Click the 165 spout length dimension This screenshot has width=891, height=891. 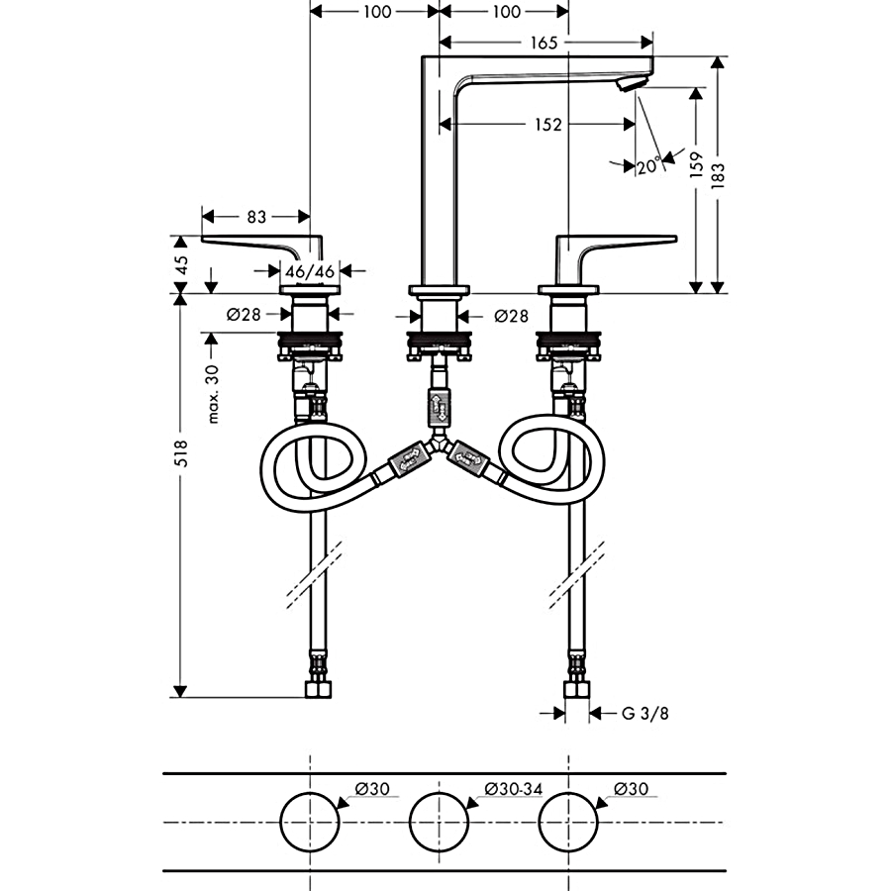tap(544, 43)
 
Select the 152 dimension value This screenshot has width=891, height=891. tap(547, 125)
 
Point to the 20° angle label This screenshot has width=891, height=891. tap(649, 166)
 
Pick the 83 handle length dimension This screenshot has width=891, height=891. tap(255, 216)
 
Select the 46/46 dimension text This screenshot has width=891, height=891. tap(310, 271)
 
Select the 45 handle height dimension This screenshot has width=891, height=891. tap(181, 264)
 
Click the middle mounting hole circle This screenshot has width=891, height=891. tap(440, 823)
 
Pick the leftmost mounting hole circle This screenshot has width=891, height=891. tap(311, 823)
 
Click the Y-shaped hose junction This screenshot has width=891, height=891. tap(439, 443)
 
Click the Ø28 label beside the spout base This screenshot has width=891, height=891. tap(511, 316)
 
